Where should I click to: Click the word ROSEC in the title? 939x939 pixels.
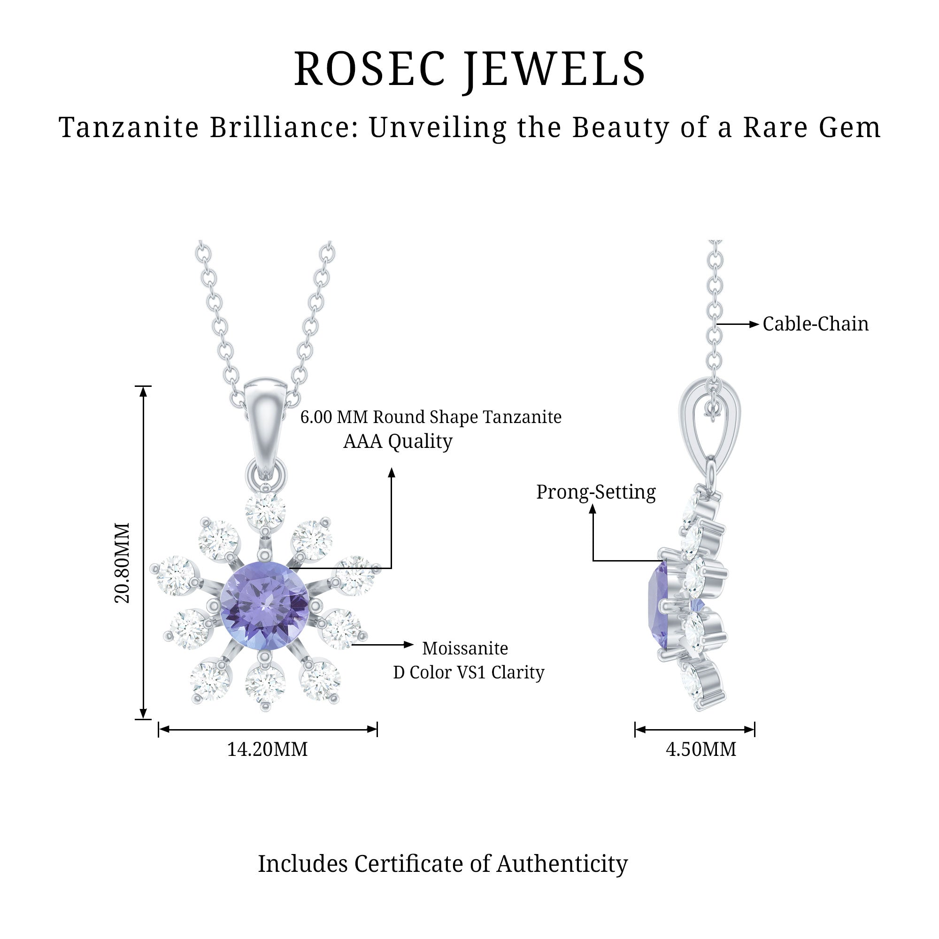click(x=369, y=69)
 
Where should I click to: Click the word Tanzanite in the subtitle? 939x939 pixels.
click(x=129, y=127)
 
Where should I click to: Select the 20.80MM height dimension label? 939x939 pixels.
click(x=122, y=563)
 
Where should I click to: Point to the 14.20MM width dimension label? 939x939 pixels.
click(x=267, y=749)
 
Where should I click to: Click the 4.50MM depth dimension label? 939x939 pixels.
click(x=701, y=749)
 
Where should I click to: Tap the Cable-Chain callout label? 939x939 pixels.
click(x=815, y=324)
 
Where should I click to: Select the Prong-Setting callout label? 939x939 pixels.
click(x=596, y=492)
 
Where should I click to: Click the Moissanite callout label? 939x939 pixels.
click(x=465, y=648)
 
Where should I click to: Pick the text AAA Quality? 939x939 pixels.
click(x=398, y=441)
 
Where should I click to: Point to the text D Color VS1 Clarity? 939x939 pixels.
click(x=469, y=672)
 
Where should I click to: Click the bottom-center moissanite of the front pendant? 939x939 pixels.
click(x=265, y=685)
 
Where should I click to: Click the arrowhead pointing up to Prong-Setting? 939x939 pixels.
click(x=593, y=509)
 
